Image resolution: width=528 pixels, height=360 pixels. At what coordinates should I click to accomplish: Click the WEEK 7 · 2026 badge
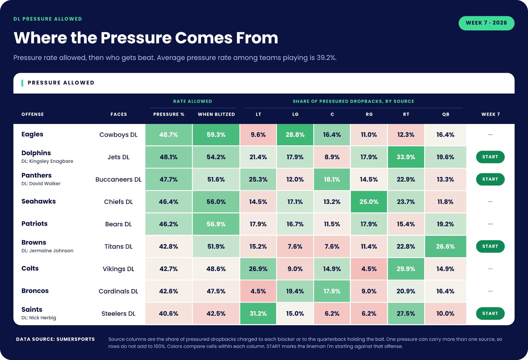click(486, 23)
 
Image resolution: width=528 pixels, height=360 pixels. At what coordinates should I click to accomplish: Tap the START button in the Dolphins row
click(490, 157)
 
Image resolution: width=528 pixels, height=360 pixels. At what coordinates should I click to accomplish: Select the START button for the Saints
click(490, 313)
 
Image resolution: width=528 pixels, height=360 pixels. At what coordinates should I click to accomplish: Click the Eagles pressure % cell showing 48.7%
click(169, 135)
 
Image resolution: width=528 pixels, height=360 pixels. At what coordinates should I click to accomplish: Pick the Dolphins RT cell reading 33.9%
click(406, 157)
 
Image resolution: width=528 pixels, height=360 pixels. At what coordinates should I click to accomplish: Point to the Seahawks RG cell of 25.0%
click(369, 202)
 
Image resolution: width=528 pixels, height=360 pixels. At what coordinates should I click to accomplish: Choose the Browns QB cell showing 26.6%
click(445, 246)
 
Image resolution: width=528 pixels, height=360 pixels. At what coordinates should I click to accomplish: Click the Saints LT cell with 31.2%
click(258, 314)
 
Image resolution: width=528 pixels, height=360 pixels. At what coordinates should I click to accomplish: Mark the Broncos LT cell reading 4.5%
click(258, 291)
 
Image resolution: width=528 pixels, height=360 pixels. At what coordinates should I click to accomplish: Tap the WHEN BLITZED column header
click(216, 114)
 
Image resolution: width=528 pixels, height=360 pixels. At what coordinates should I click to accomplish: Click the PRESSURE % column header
click(169, 114)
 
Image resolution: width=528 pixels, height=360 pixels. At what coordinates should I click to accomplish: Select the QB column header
click(446, 114)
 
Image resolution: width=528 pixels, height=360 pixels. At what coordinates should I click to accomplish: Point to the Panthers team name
click(37, 175)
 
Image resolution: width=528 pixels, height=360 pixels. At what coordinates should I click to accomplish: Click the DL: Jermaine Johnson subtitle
click(47, 250)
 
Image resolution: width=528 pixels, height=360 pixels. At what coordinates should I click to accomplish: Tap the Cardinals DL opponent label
click(119, 291)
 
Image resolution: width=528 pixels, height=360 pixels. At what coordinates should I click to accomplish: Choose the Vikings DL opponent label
click(119, 269)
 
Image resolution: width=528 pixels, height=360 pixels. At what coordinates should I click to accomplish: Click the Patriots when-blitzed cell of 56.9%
click(216, 224)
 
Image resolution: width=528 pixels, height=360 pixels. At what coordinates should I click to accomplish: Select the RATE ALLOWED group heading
click(193, 101)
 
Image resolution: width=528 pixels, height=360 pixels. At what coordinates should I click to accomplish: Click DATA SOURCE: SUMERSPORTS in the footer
click(55, 339)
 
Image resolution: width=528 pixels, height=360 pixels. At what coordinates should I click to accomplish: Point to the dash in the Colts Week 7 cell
click(490, 269)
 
